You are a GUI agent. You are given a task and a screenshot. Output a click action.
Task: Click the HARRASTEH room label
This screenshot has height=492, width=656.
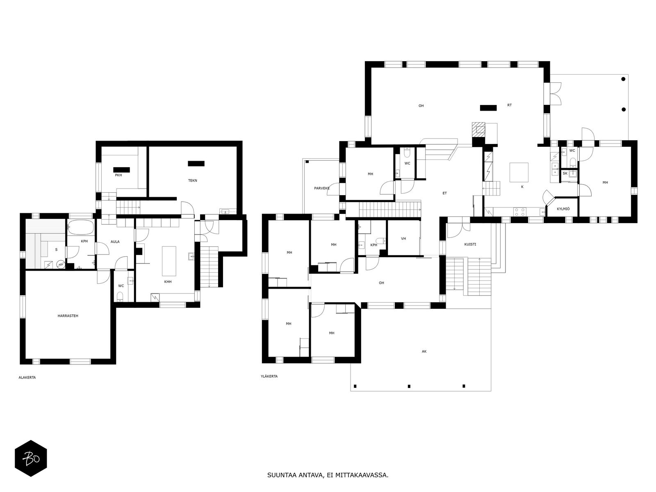68,316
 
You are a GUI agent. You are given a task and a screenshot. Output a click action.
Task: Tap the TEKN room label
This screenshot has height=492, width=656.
192,180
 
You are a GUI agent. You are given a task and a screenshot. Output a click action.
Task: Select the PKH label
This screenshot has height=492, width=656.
118,175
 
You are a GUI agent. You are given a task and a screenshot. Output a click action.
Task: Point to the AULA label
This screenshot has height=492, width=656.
115,241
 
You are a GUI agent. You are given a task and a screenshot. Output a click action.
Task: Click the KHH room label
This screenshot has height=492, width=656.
168,281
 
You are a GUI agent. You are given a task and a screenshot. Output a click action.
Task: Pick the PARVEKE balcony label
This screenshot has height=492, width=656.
322,188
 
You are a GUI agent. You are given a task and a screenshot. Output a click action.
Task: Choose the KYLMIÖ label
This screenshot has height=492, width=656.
563,209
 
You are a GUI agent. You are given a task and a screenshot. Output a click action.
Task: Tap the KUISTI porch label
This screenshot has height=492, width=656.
470,244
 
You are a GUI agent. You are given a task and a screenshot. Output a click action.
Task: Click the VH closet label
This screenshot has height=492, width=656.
403,239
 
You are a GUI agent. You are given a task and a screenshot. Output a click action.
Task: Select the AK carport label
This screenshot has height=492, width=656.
424,351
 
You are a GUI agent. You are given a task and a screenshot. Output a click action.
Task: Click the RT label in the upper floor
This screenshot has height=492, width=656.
510,105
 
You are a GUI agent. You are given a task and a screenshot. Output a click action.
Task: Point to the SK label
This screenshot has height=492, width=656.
565,173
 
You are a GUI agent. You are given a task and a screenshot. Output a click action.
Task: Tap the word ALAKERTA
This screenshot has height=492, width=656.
27,377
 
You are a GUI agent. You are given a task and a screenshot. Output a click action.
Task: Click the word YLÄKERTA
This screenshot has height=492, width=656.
269,376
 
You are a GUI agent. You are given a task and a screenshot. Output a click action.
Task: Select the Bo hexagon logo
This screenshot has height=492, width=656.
31,458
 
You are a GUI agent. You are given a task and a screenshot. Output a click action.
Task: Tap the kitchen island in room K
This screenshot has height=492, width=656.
519,172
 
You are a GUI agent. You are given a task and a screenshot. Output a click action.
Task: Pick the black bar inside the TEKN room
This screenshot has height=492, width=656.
196,164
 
